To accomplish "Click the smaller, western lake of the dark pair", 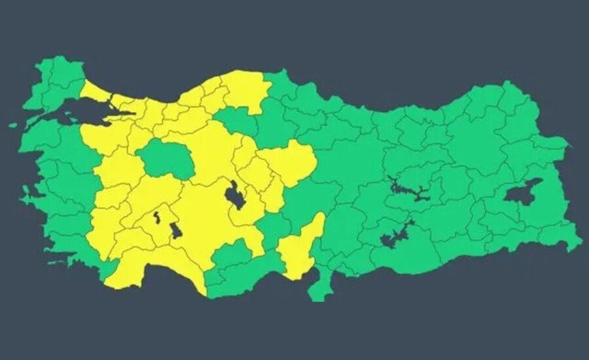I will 157,217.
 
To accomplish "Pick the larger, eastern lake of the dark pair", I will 176,230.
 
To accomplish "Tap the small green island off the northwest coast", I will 13,124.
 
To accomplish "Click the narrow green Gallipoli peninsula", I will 36,118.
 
